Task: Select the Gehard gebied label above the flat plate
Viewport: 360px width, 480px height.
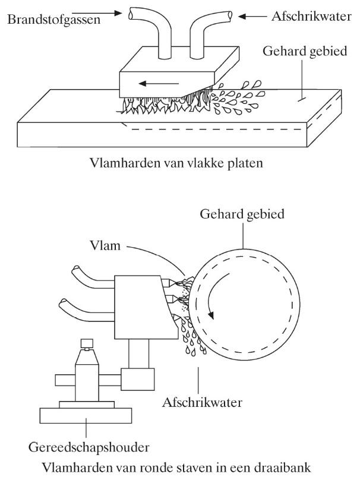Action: [303, 52]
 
